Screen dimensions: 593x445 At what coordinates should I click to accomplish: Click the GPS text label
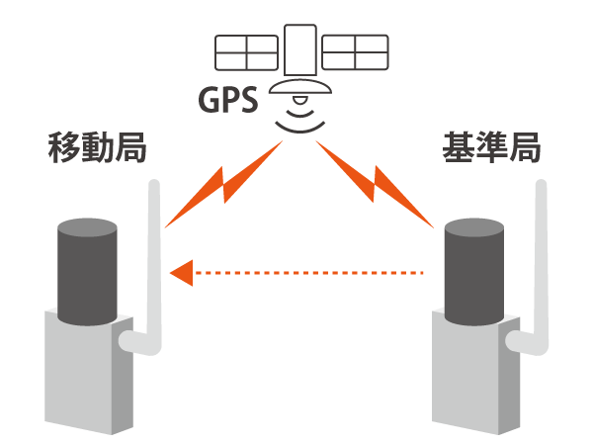(x=228, y=100)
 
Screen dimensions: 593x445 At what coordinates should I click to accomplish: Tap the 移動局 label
(x=97, y=147)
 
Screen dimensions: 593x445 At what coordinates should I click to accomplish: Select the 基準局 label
(x=491, y=147)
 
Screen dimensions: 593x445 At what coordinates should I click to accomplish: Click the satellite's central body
(x=300, y=50)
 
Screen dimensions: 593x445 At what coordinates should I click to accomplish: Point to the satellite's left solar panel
(x=246, y=52)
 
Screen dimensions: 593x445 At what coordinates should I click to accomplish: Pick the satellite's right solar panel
(x=355, y=52)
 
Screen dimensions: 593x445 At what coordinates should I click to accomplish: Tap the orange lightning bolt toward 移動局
(x=224, y=184)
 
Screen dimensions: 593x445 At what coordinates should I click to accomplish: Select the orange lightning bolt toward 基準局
(x=375, y=184)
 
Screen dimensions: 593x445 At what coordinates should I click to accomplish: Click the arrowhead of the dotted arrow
(x=182, y=273)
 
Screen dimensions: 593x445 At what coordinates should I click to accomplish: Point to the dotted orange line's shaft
(x=308, y=273)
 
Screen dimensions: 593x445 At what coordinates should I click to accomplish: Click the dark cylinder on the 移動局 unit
(x=87, y=272)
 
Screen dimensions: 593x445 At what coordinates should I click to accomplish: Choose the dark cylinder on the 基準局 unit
(x=474, y=272)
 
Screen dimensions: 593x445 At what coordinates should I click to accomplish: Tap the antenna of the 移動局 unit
(x=154, y=265)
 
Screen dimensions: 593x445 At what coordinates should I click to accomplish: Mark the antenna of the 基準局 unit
(x=542, y=265)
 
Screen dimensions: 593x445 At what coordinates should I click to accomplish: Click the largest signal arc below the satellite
(x=300, y=130)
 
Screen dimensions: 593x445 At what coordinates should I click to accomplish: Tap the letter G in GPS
(x=209, y=100)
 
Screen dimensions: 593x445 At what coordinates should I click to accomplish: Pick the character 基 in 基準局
(x=459, y=147)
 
